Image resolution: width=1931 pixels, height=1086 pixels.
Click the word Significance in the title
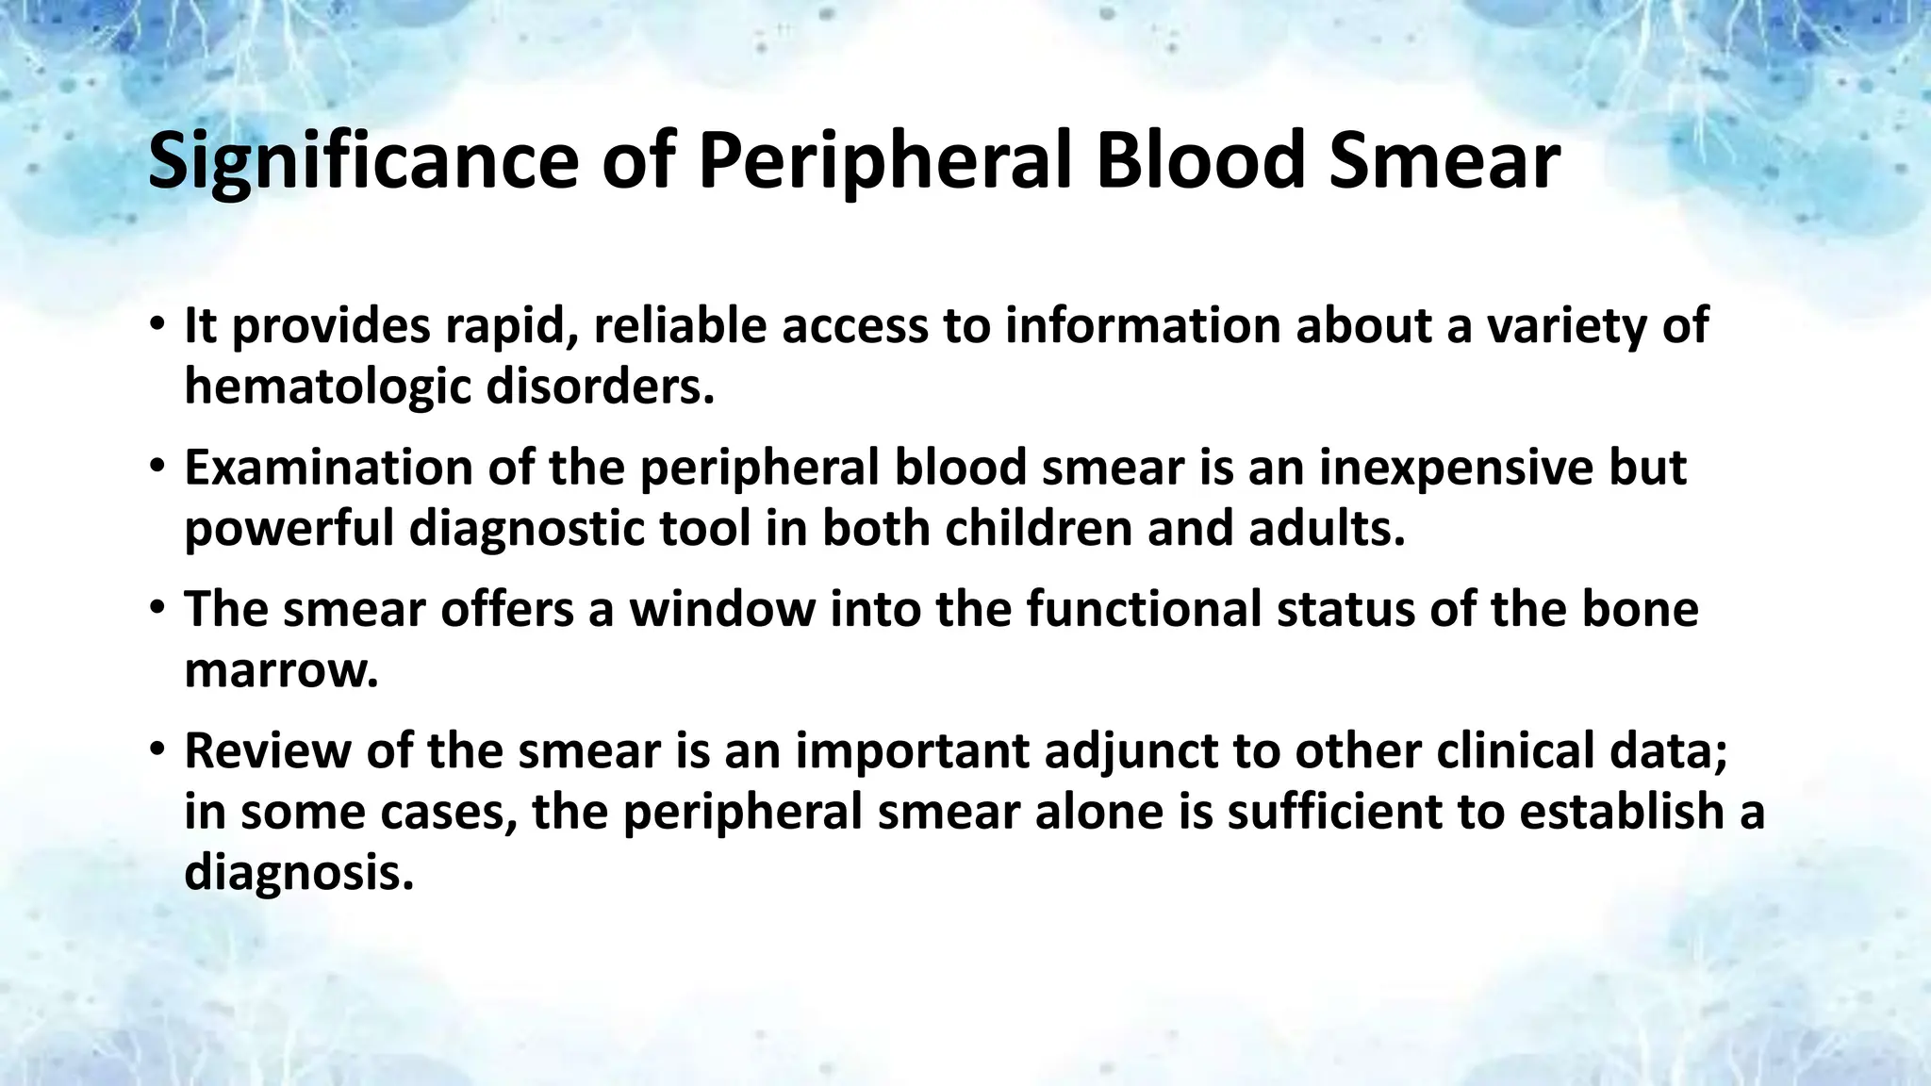363,162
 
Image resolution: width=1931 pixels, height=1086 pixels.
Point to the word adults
1327,528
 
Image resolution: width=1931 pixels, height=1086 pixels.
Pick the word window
721,609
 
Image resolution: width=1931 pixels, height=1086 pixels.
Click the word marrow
281,670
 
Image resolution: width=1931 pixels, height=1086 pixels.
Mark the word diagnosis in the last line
299,873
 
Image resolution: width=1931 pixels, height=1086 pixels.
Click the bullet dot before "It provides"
157,327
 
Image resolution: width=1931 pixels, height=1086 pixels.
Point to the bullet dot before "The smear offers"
157,610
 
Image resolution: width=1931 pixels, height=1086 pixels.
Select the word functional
1144,609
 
